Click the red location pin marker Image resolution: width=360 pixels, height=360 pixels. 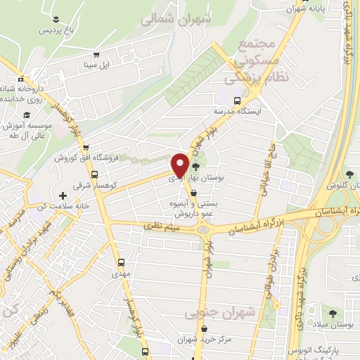[x=180, y=165]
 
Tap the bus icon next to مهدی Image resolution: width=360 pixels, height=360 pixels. [x=120, y=264]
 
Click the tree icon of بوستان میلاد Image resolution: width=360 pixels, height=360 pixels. [x=333, y=314]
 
